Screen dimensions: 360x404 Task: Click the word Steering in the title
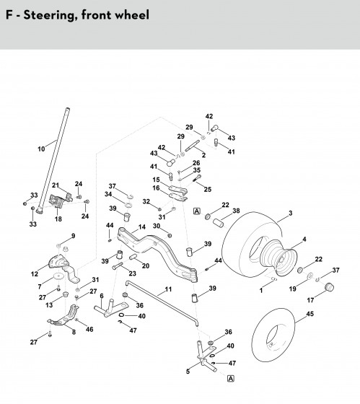point(51,15)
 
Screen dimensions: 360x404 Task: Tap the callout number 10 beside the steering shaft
point(41,149)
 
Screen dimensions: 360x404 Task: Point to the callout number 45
point(310,314)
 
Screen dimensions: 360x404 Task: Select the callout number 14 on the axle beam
point(142,227)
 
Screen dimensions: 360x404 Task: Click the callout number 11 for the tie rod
point(168,289)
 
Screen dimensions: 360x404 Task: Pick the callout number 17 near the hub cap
point(310,300)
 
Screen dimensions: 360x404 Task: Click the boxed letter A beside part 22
point(197,211)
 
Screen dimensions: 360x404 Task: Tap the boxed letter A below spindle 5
point(231,379)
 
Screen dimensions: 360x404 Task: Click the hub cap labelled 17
point(329,287)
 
